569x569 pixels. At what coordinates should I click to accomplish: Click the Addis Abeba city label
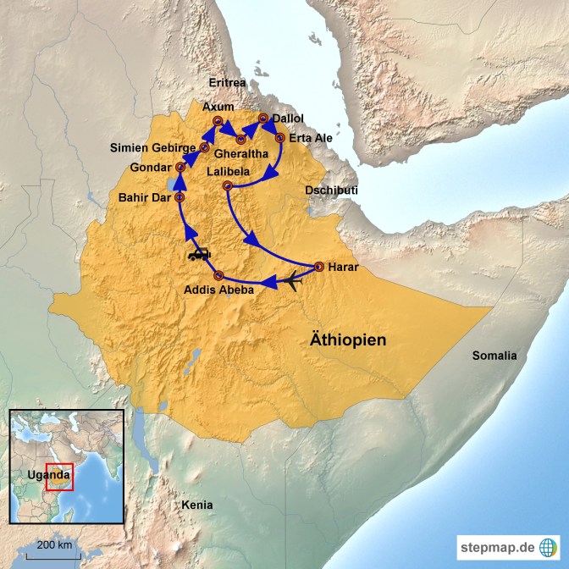[x=219, y=291]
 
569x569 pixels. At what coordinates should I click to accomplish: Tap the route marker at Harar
[x=319, y=266]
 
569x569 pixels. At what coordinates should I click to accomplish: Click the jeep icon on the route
[x=199, y=253]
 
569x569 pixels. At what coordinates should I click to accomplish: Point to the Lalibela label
[x=230, y=172]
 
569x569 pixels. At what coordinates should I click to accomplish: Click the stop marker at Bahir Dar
[x=180, y=197]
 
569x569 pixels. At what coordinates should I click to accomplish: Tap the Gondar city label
[x=151, y=167]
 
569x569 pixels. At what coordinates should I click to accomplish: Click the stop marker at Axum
[x=218, y=122]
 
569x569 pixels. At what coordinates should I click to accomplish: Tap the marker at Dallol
[x=263, y=119]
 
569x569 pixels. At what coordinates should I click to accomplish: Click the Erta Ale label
[x=309, y=137]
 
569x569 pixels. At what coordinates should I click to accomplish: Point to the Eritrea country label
[x=228, y=82]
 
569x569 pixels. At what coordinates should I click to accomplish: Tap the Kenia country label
[x=197, y=505]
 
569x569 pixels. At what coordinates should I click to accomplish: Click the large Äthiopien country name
[x=345, y=340]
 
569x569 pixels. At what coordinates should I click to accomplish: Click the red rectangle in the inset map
[x=60, y=476]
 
